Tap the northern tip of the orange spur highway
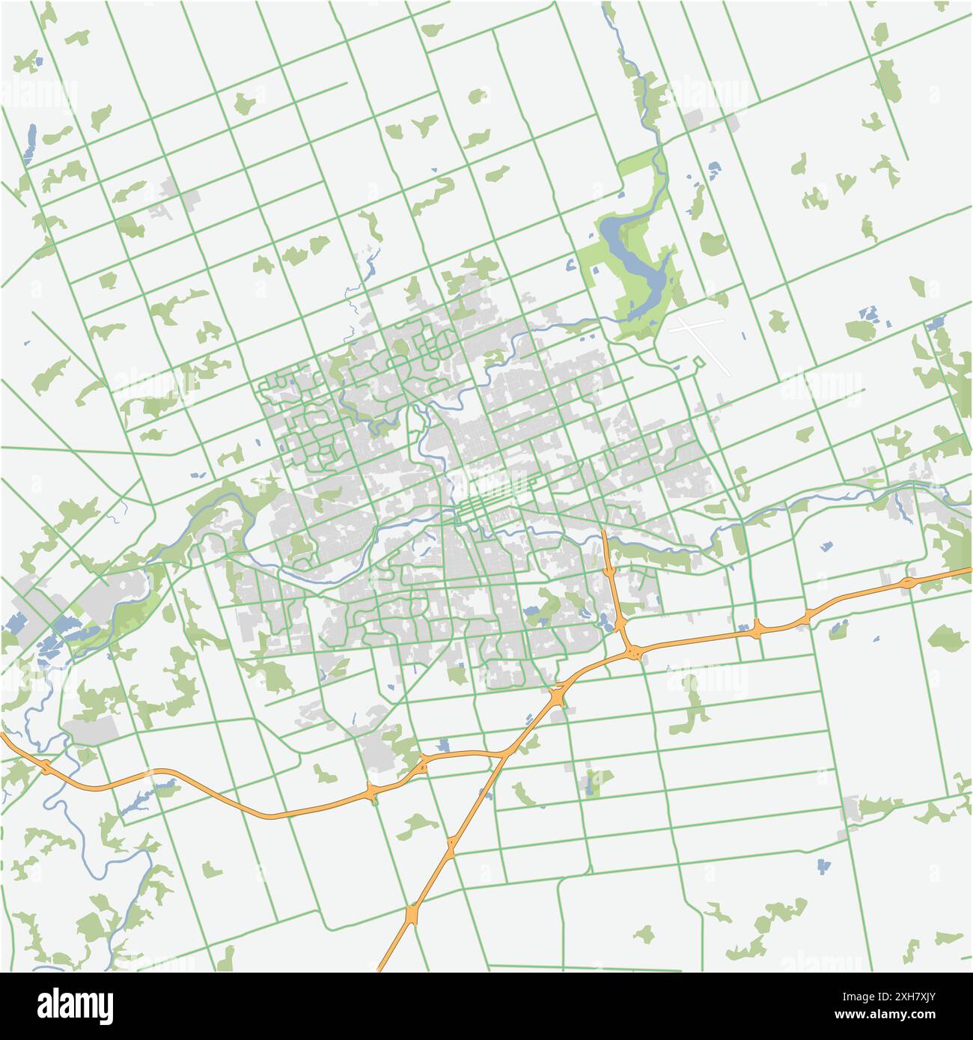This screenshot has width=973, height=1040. [x=604, y=533]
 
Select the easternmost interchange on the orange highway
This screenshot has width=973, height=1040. [x=907, y=582]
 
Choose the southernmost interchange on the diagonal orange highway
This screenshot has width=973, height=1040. [x=412, y=915]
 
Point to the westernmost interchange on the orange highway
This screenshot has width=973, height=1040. [x=46, y=767]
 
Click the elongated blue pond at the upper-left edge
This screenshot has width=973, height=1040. [x=31, y=144]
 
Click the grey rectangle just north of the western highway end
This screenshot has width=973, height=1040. [x=94, y=729]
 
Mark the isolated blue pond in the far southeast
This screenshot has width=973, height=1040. [x=824, y=866]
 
